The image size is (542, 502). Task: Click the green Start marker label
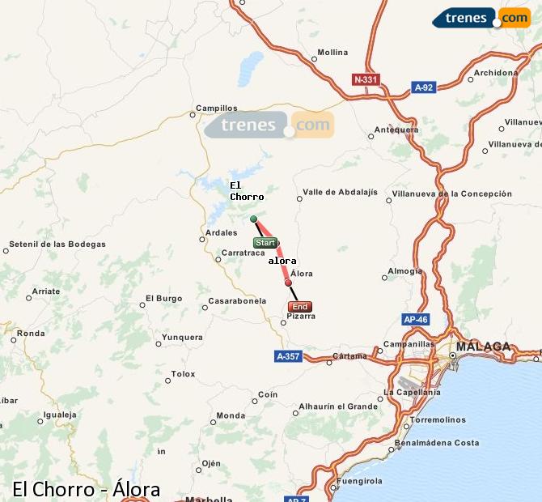(x=265, y=243)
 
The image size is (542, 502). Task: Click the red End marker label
(x=299, y=307)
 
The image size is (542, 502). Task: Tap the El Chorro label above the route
(x=246, y=191)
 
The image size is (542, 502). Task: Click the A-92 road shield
(x=424, y=87)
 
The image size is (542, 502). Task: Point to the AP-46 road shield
(x=415, y=320)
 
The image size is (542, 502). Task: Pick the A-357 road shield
(x=288, y=355)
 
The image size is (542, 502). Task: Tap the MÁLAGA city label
(x=484, y=347)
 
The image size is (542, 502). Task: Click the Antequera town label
(x=396, y=130)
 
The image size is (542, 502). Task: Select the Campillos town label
(x=216, y=108)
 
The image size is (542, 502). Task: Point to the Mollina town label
(x=332, y=53)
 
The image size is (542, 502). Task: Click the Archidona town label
(x=495, y=73)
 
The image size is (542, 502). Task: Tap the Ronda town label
(x=31, y=333)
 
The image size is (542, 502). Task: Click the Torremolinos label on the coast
(x=437, y=420)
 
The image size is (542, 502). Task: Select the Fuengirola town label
(x=360, y=481)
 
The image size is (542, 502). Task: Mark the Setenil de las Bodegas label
(x=57, y=244)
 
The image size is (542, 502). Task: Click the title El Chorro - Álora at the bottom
(x=86, y=489)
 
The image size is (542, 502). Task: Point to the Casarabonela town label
(x=237, y=300)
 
